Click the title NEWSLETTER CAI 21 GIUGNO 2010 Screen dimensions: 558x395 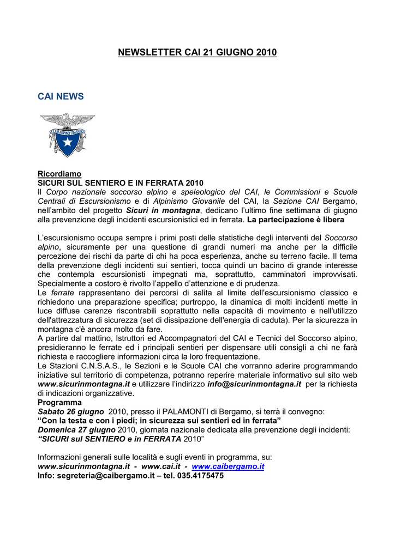197,52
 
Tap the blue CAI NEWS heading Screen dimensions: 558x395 61,96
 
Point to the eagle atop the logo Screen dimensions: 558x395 67,120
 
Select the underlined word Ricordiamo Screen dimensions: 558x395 59,173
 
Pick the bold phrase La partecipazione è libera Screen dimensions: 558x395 295,220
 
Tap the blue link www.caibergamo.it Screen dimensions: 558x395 228,466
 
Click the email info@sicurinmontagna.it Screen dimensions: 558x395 254,384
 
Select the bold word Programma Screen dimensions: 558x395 59,402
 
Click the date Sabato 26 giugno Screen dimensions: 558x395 71,411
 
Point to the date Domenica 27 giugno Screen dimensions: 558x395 76,430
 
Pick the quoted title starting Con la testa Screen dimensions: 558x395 159,421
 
